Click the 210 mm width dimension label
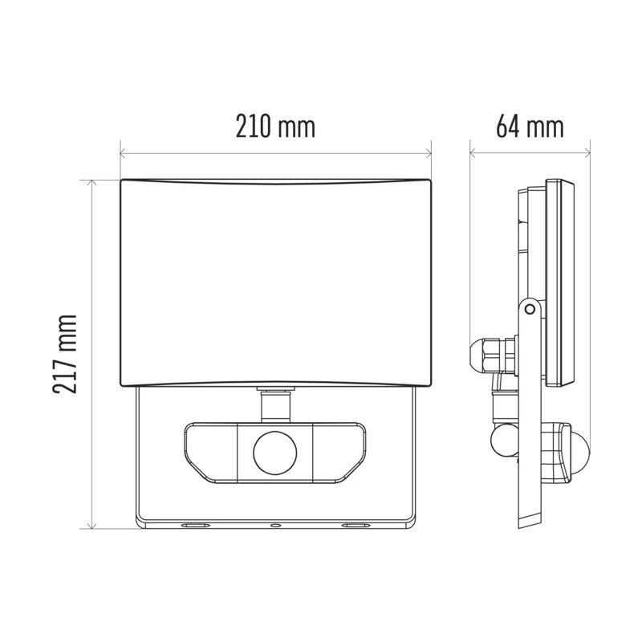click(x=275, y=126)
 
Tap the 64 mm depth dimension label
click(x=530, y=126)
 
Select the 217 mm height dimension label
click(x=66, y=354)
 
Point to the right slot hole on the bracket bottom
click(x=356, y=526)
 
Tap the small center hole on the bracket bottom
click(x=274, y=526)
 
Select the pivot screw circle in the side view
click(x=529, y=307)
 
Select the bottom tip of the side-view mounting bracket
click(x=529, y=525)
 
